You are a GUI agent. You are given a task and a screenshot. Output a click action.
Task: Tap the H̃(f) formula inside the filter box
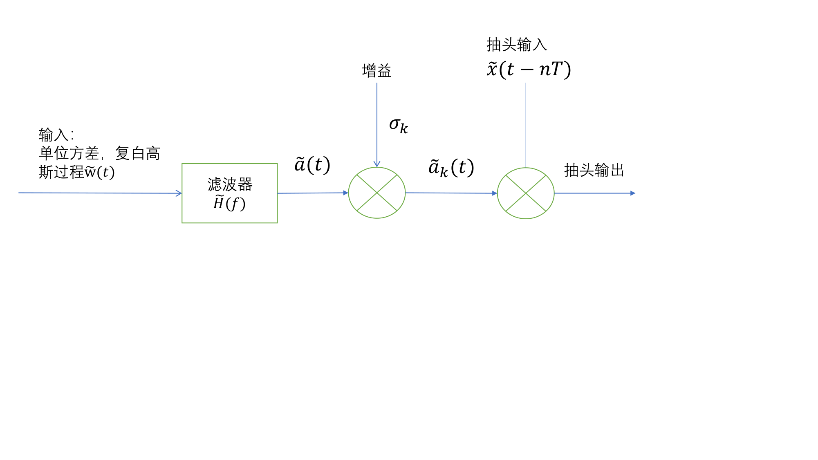[x=229, y=203]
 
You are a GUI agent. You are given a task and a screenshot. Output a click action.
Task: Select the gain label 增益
[x=377, y=71]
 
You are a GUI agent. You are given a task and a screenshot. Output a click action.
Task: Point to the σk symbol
[x=398, y=125]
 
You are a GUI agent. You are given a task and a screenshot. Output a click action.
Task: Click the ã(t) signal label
[x=312, y=165]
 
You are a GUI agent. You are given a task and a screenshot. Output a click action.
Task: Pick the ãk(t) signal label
[x=451, y=168]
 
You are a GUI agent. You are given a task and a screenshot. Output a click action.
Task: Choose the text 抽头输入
[x=516, y=45]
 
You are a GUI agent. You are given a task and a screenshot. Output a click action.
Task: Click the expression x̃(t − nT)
[x=529, y=69]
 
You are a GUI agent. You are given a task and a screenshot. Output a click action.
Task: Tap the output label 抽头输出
[x=594, y=170]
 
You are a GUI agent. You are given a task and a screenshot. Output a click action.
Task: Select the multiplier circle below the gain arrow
[x=377, y=193]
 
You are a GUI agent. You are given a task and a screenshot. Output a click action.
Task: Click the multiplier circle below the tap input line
[x=526, y=193]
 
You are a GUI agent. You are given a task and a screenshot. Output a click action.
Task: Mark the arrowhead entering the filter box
[x=179, y=193]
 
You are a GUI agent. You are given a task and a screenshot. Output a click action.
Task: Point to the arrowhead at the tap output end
[x=633, y=193]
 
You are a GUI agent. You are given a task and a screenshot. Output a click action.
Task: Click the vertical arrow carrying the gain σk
[x=377, y=123]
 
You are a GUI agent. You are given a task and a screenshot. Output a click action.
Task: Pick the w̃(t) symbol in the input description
[x=99, y=172]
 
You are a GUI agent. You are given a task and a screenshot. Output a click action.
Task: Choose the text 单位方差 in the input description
[x=69, y=154]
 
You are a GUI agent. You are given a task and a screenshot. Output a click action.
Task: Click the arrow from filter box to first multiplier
[x=312, y=193]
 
